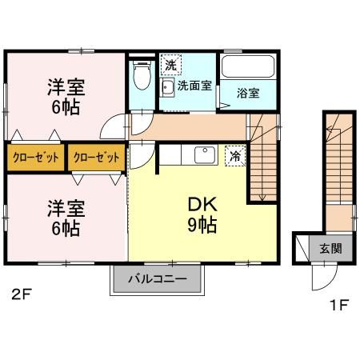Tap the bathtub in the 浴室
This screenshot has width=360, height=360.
pyautogui.click(x=247, y=67)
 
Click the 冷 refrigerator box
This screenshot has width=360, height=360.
pyautogui.click(x=235, y=155)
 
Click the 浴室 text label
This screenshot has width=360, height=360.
pyautogui.click(x=248, y=92)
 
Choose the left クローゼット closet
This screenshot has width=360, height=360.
pyautogui.click(x=36, y=157)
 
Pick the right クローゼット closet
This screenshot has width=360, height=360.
pyautogui.click(x=96, y=157)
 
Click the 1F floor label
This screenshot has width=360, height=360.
pyautogui.click(x=339, y=303)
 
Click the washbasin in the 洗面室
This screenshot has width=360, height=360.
pyautogui.click(x=170, y=87)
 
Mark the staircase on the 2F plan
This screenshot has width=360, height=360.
pyautogui.click(x=262, y=160)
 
